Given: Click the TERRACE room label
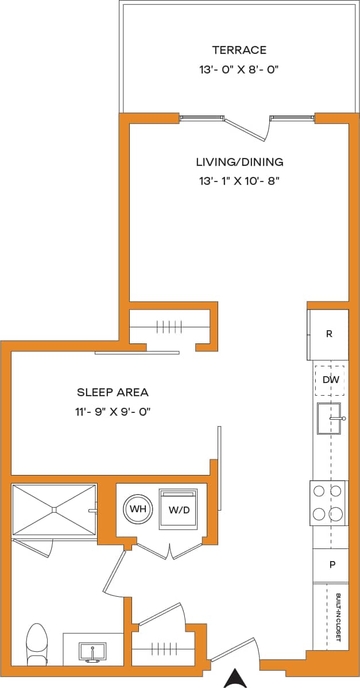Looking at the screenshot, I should point(239,50).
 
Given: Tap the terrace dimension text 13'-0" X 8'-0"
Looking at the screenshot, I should point(239,70).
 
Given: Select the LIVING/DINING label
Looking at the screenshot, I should point(239,162).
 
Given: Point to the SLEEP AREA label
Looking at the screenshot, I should point(113,392).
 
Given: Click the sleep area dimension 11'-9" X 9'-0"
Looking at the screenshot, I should point(113,412).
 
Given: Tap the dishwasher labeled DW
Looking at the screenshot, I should point(329,380).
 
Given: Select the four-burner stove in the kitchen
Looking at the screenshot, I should point(329,503).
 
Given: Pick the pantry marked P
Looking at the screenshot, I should point(331,565).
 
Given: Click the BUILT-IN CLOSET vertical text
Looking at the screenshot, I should point(338,617).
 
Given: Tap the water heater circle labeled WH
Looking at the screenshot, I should point(137,509).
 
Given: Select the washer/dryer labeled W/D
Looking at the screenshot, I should point(178,509).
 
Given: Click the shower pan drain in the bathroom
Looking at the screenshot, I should point(54,509).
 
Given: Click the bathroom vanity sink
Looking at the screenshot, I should point(92,653).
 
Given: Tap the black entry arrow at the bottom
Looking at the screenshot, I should point(235,678).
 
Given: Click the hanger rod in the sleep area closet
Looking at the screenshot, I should point(168,327).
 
